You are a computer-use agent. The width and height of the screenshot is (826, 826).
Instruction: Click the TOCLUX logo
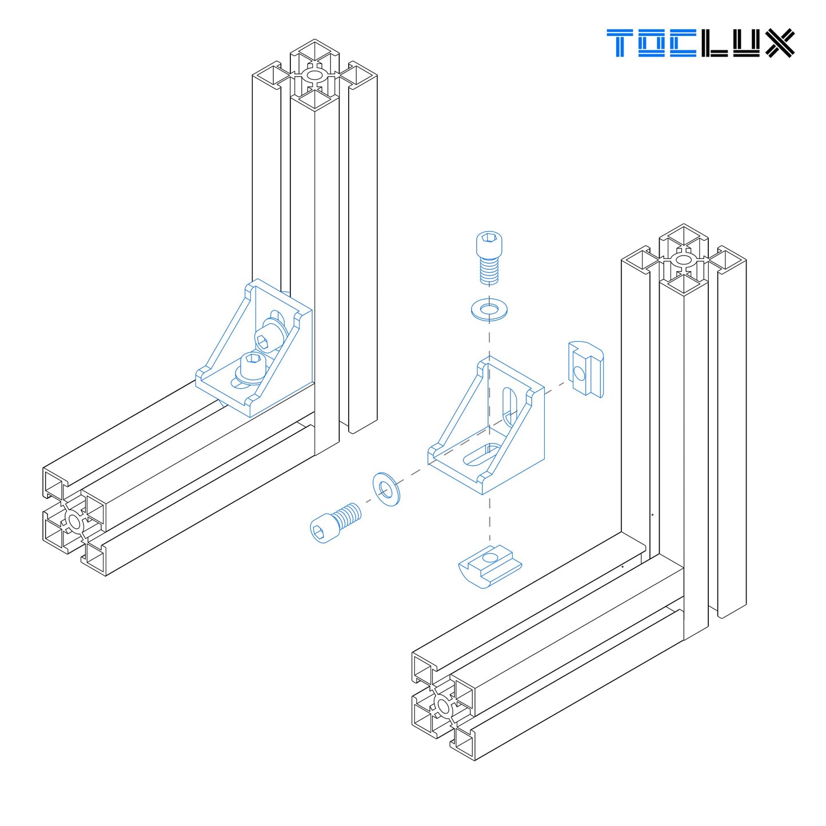point(700,43)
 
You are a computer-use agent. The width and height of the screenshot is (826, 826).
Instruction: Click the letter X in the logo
point(780,43)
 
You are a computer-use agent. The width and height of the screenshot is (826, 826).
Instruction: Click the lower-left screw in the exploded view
point(334,521)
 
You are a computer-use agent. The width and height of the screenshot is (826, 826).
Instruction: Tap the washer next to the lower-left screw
point(386,489)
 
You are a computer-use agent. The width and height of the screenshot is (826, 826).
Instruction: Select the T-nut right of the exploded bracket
point(586,369)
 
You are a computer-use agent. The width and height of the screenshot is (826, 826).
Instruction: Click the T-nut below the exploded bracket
point(490,566)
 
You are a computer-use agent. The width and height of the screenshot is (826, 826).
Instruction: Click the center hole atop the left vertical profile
point(314,75)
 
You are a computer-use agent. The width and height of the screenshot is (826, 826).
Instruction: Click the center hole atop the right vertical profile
point(683,260)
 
